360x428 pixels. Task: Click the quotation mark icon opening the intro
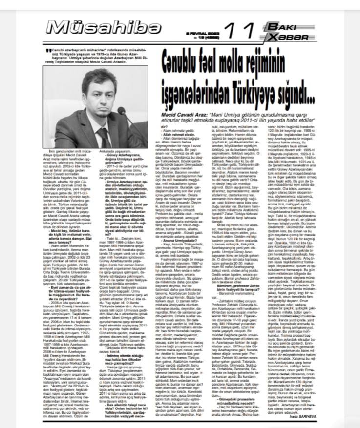tap(47, 50)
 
